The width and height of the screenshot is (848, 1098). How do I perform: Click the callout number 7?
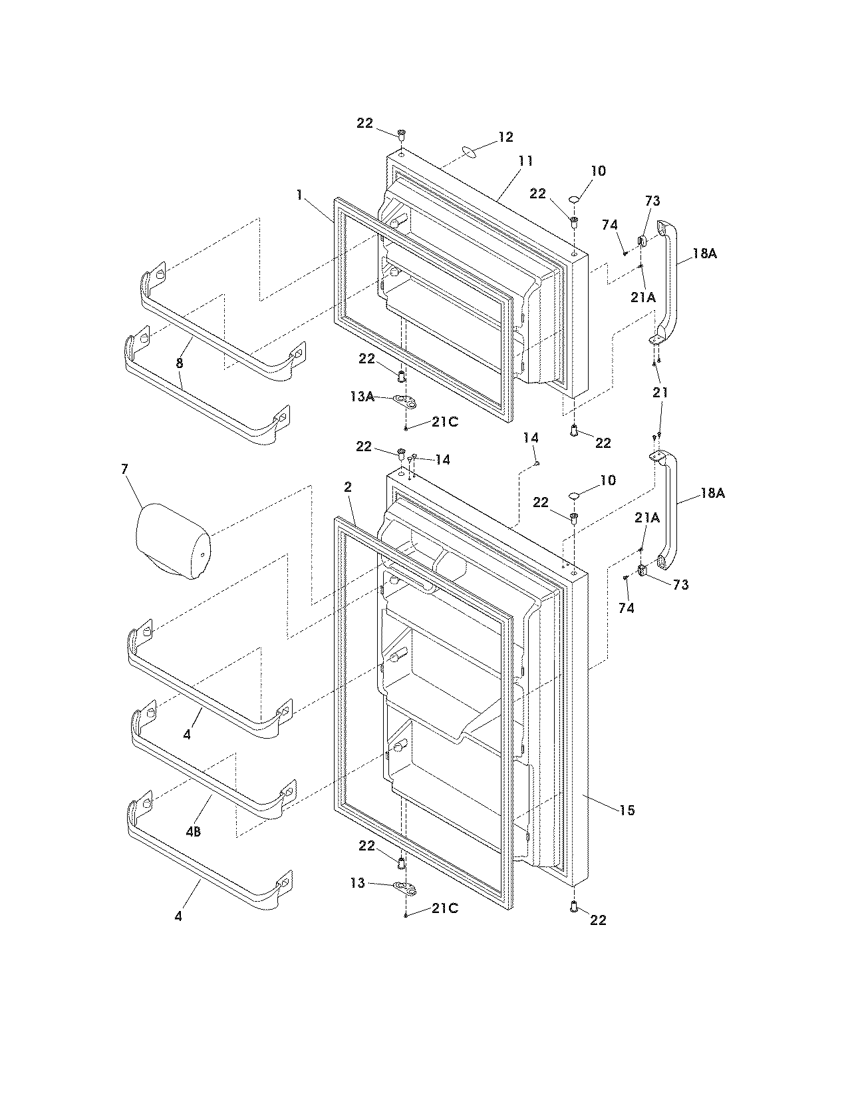point(124,470)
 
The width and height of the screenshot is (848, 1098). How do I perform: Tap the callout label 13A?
point(361,397)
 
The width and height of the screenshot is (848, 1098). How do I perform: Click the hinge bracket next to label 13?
point(404,887)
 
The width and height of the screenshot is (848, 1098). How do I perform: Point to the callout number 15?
point(627,811)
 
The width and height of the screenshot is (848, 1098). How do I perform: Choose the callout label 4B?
point(194,832)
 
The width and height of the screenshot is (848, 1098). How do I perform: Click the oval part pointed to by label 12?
point(468,152)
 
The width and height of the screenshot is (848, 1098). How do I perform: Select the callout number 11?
point(525,161)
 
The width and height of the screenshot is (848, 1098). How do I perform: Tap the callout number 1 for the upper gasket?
point(300,195)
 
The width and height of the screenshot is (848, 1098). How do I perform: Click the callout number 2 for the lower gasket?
point(347,487)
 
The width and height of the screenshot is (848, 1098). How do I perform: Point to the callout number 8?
point(180,363)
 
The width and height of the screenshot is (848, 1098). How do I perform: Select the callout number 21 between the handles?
point(660,393)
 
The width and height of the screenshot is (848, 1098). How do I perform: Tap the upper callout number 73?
point(652,201)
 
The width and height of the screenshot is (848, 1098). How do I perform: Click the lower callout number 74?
point(626,608)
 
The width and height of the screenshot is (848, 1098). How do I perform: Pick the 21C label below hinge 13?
point(444,908)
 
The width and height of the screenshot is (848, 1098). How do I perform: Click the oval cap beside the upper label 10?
point(574,198)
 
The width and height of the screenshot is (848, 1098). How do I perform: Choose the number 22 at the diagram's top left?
point(364,123)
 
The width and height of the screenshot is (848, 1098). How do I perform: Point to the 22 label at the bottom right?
point(598,920)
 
